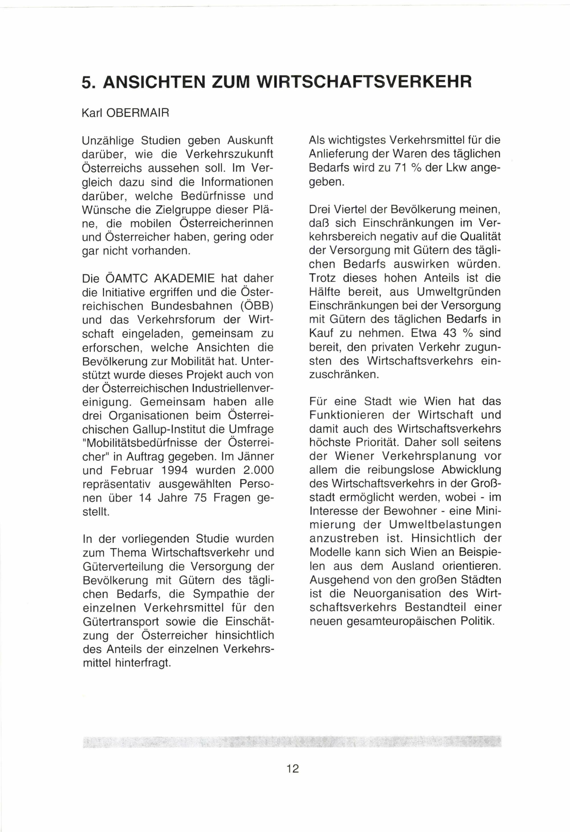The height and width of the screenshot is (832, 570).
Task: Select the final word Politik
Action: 477,621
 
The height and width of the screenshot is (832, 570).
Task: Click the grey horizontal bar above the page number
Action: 292,741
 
